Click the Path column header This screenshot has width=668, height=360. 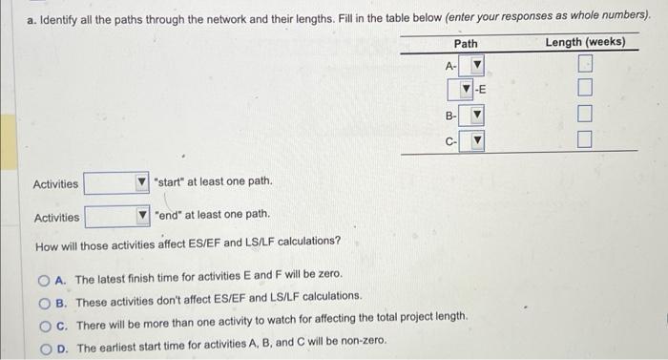click(466, 44)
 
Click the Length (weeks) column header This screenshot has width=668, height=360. click(585, 42)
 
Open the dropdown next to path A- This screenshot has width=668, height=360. click(471, 65)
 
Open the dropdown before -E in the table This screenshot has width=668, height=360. click(460, 89)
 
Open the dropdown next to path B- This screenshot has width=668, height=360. click(471, 115)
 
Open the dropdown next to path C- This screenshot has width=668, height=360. click(471, 140)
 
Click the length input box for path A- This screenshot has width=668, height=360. click(585, 64)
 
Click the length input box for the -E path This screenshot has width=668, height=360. click(585, 88)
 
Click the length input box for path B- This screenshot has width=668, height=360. click(585, 114)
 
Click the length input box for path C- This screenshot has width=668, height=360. click(584, 139)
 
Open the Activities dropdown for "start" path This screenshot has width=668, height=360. click(116, 183)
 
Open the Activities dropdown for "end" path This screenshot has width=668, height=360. click(117, 216)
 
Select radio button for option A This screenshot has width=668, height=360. click(44, 281)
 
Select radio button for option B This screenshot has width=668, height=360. click(44, 304)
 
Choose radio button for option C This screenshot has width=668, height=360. click(45, 327)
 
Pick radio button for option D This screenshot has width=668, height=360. click(46, 349)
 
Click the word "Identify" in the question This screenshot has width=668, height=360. click(58, 20)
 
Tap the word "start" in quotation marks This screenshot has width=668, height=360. click(168, 182)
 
